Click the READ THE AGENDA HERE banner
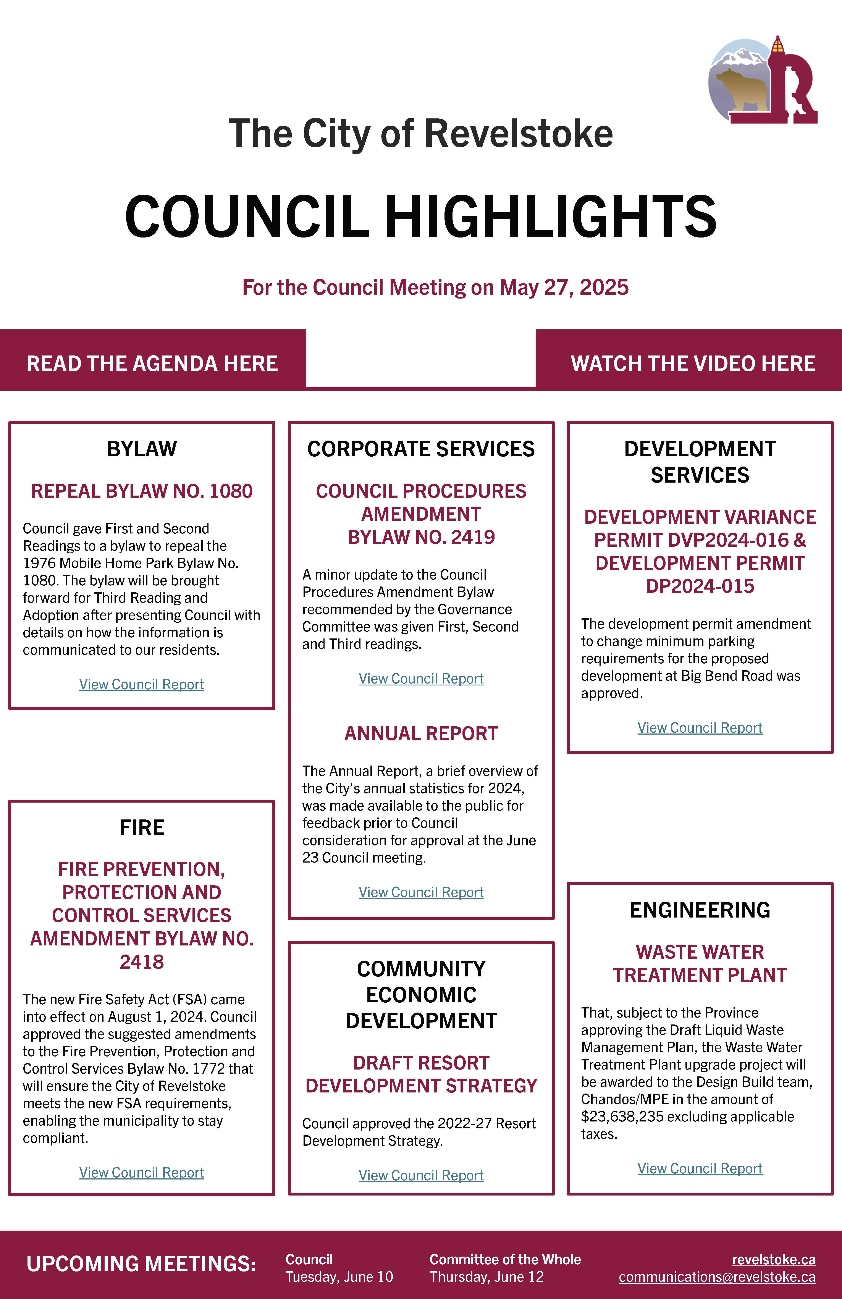point(152,364)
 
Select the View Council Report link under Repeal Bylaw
point(141,684)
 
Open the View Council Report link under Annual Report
point(421,892)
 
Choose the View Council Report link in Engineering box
point(700,1168)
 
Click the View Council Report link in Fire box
point(141,1173)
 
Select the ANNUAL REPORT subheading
point(421,734)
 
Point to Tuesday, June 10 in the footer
point(339,1277)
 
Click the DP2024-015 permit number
point(700,586)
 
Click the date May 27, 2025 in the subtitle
point(564,288)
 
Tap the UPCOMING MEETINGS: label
point(141,1264)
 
